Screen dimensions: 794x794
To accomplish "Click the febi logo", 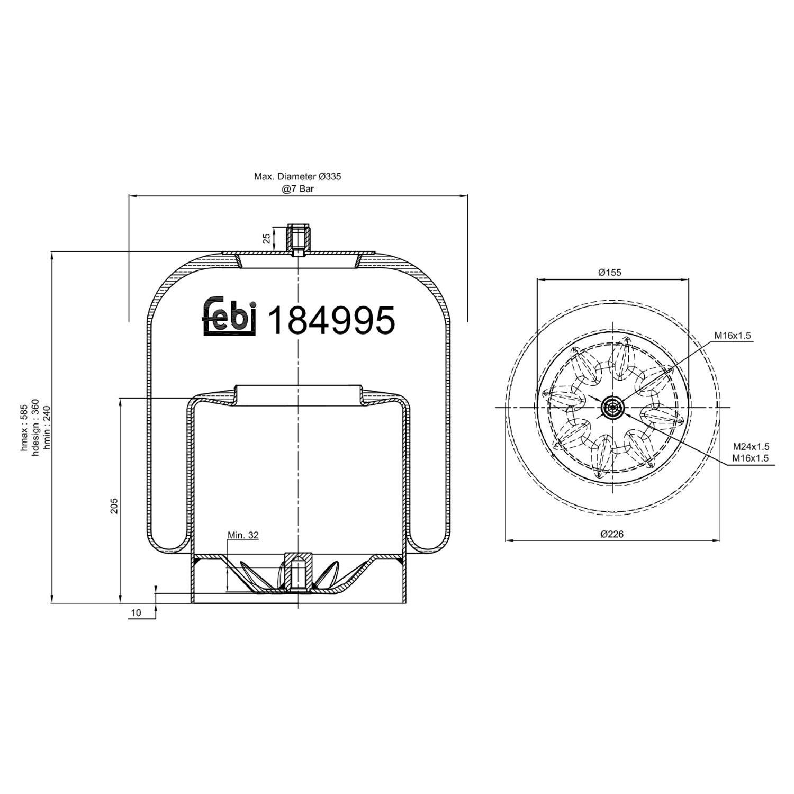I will click(x=229, y=316).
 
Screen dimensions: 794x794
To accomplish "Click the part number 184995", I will click(x=332, y=320).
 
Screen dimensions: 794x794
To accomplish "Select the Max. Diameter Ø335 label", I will click(x=297, y=177).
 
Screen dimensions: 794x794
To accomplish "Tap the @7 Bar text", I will click(x=297, y=188).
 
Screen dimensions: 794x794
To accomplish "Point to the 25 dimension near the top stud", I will click(x=267, y=239).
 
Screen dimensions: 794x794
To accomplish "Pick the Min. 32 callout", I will click(x=243, y=535).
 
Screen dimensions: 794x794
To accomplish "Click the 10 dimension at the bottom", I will click(x=136, y=612).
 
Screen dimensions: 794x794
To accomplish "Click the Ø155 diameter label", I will click(x=610, y=273).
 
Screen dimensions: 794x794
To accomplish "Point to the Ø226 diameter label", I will click(x=612, y=534).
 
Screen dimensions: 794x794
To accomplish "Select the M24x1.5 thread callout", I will click(x=751, y=447).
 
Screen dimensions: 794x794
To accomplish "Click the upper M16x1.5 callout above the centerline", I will click(x=733, y=336).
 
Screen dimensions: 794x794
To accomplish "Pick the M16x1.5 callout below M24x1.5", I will click(x=751, y=458).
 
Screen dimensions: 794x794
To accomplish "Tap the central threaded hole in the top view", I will click(x=612, y=408).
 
